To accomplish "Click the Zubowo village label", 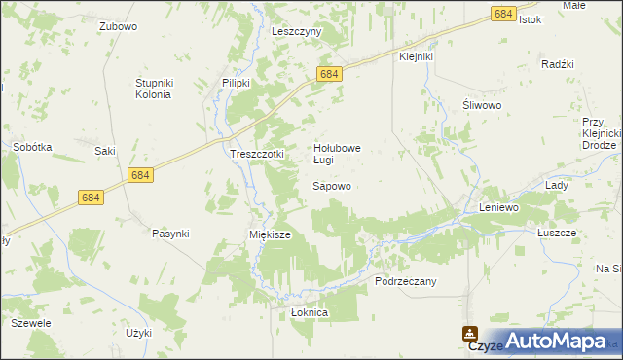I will click(118, 27).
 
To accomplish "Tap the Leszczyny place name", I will click(297, 31).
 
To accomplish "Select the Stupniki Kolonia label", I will click(153, 89).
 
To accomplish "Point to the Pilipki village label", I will click(237, 83).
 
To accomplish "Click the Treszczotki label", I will click(256, 154).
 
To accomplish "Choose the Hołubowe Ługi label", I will click(337, 154).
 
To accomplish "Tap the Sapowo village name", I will click(331, 185).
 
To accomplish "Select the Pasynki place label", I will click(170, 234).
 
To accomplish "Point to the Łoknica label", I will click(311, 313).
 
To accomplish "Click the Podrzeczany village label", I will click(406, 280).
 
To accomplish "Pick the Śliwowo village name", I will click(481, 107).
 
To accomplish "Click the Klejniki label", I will click(416, 56).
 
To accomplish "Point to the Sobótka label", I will click(32, 147).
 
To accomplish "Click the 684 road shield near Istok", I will click(503, 14).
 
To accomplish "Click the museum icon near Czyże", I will click(470, 333).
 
